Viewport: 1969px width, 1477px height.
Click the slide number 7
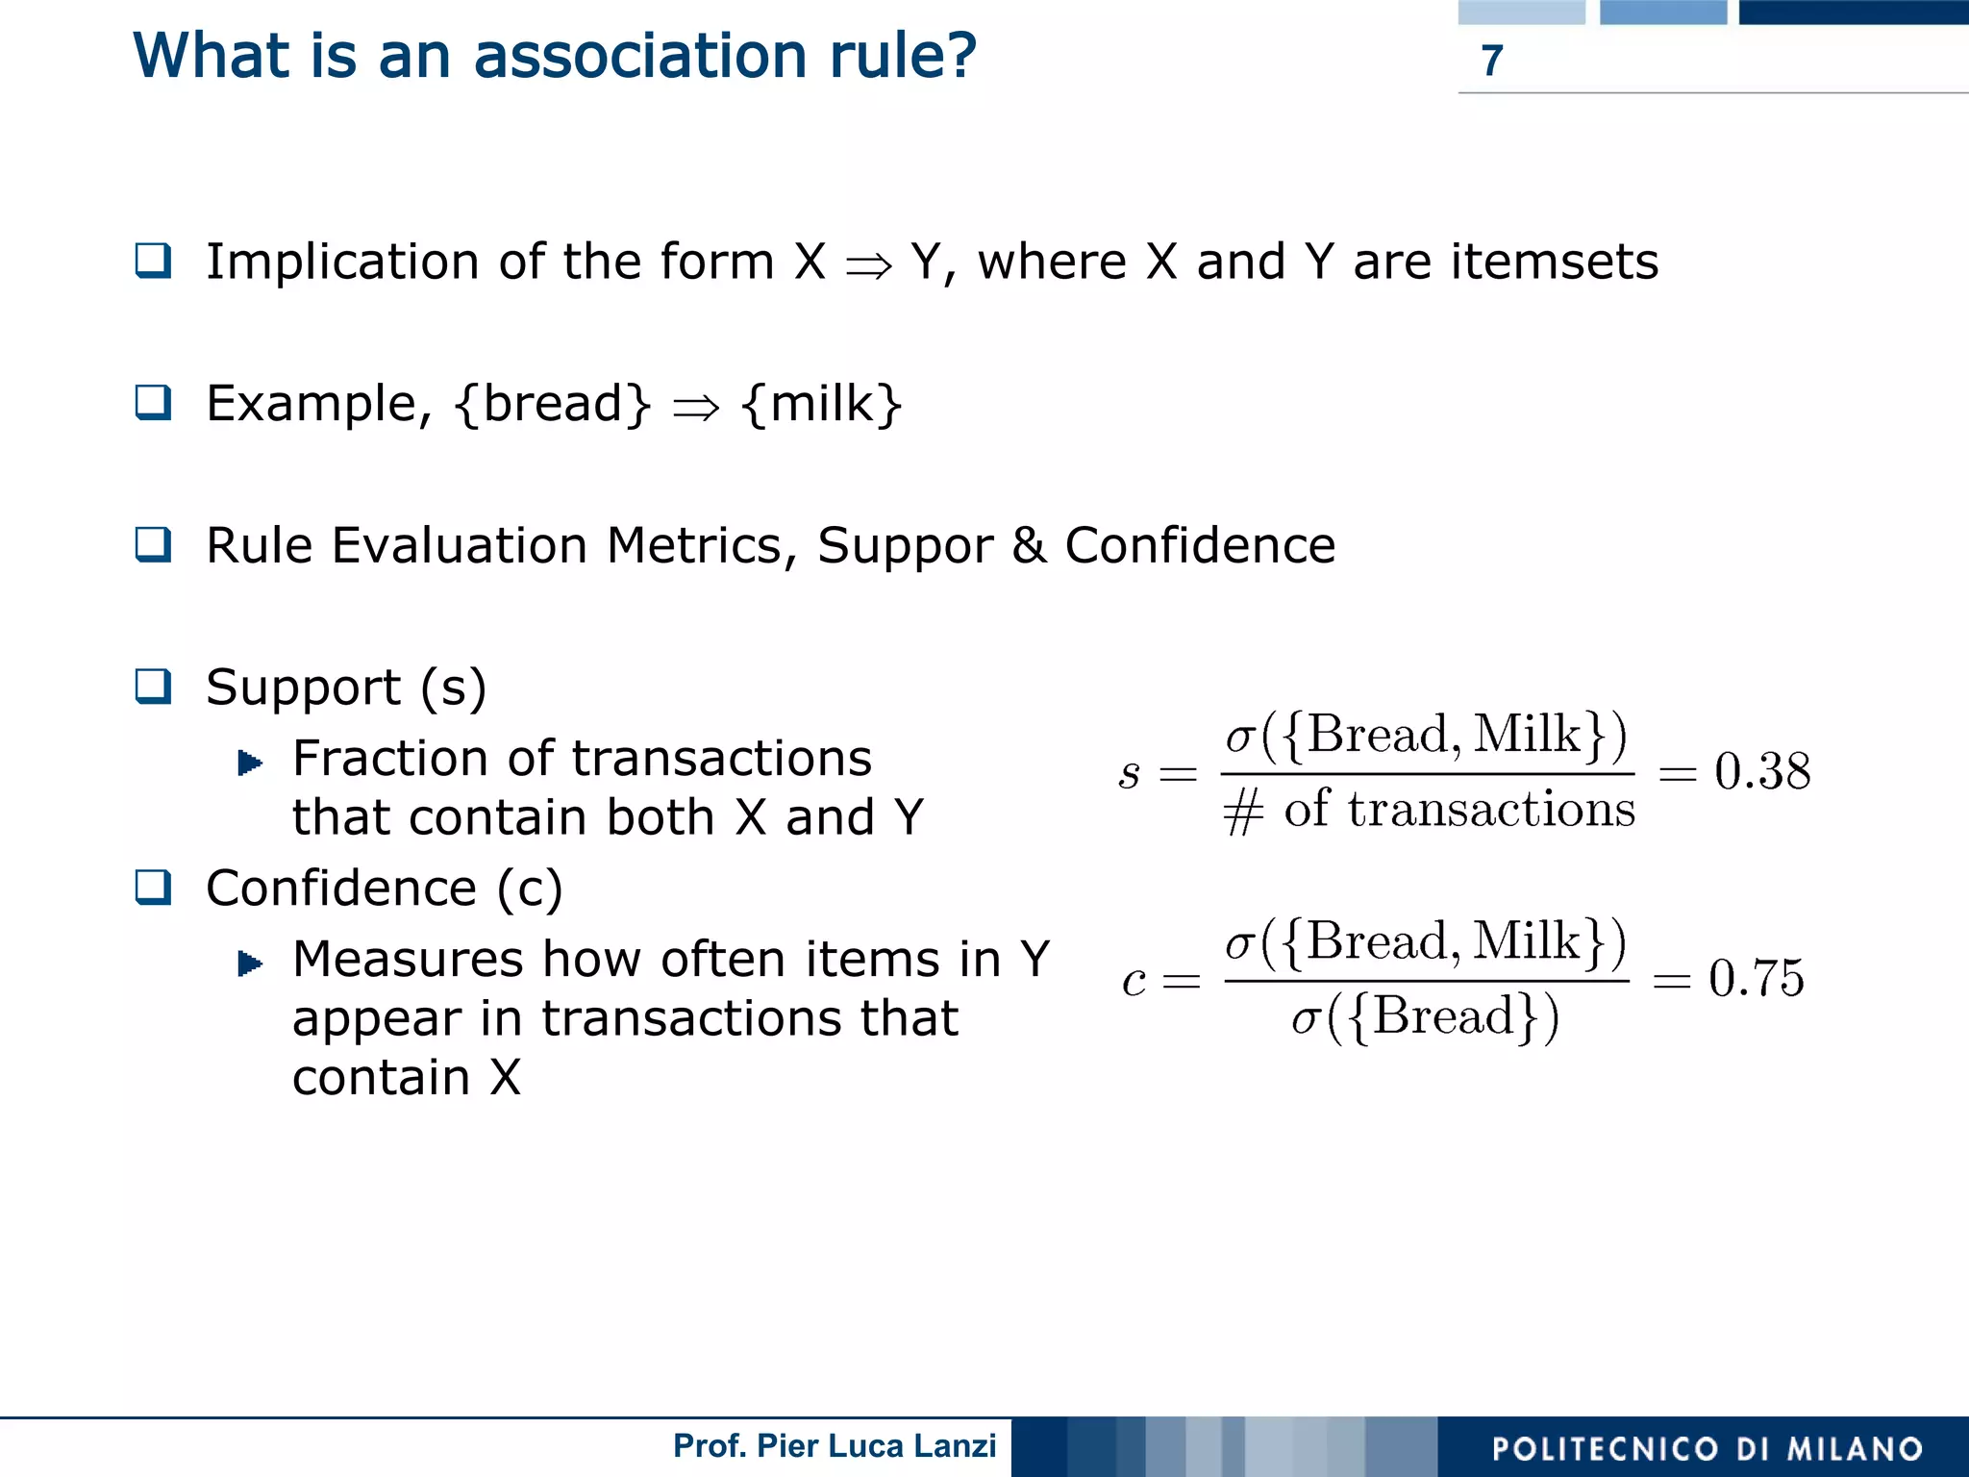pyautogui.click(x=1491, y=61)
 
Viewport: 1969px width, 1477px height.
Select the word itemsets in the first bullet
pyautogui.click(x=1554, y=262)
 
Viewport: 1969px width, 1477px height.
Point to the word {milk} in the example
pyautogui.click(x=822, y=404)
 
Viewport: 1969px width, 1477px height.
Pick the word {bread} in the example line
pyautogui.click(x=554, y=404)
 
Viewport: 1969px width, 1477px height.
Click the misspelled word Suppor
pyautogui.click(x=905, y=546)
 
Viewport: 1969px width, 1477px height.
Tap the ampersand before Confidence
pyautogui.click(x=1029, y=545)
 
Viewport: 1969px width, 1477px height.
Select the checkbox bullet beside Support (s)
pyautogui.click(x=154, y=687)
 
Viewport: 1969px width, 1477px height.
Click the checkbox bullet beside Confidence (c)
pyautogui.click(x=154, y=888)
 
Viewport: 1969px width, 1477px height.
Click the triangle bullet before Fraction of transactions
pyautogui.click(x=250, y=763)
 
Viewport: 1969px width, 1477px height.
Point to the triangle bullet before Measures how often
pyautogui.click(x=250, y=963)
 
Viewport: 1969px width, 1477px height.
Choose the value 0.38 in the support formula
pyautogui.click(x=1761, y=771)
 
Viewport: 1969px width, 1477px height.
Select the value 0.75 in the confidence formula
pyautogui.click(x=1756, y=979)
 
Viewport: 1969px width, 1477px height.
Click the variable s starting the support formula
pyautogui.click(x=1130, y=773)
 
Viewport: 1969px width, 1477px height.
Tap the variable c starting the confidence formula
pyautogui.click(x=1134, y=981)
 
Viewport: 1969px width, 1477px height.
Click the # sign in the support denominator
pyautogui.click(x=1242, y=812)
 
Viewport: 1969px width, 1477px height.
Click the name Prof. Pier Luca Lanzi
pyautogui.click(x=835, y=1445)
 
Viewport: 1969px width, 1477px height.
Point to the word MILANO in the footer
pyautogui.click(x=1855, y=1449)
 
